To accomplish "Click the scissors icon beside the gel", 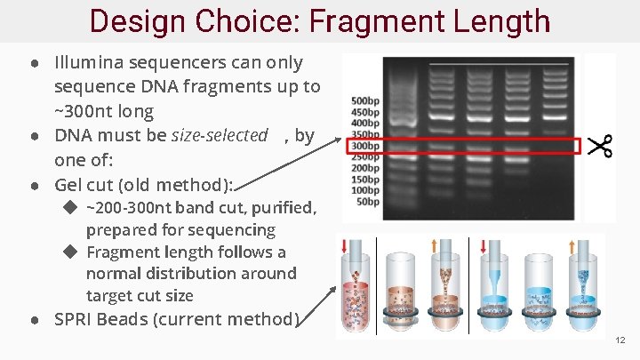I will tap(600, 146).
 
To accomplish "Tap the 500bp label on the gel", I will tap(365, 100).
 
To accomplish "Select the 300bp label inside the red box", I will tap(365, 146).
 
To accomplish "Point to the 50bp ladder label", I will tap(368, 202).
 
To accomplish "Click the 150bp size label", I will tap(365, 180).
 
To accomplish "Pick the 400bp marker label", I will tap(365, 123).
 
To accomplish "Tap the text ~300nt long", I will tap(104, 111).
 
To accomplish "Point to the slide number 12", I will tap(620, 340).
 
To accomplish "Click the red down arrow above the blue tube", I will tap(484, 245).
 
